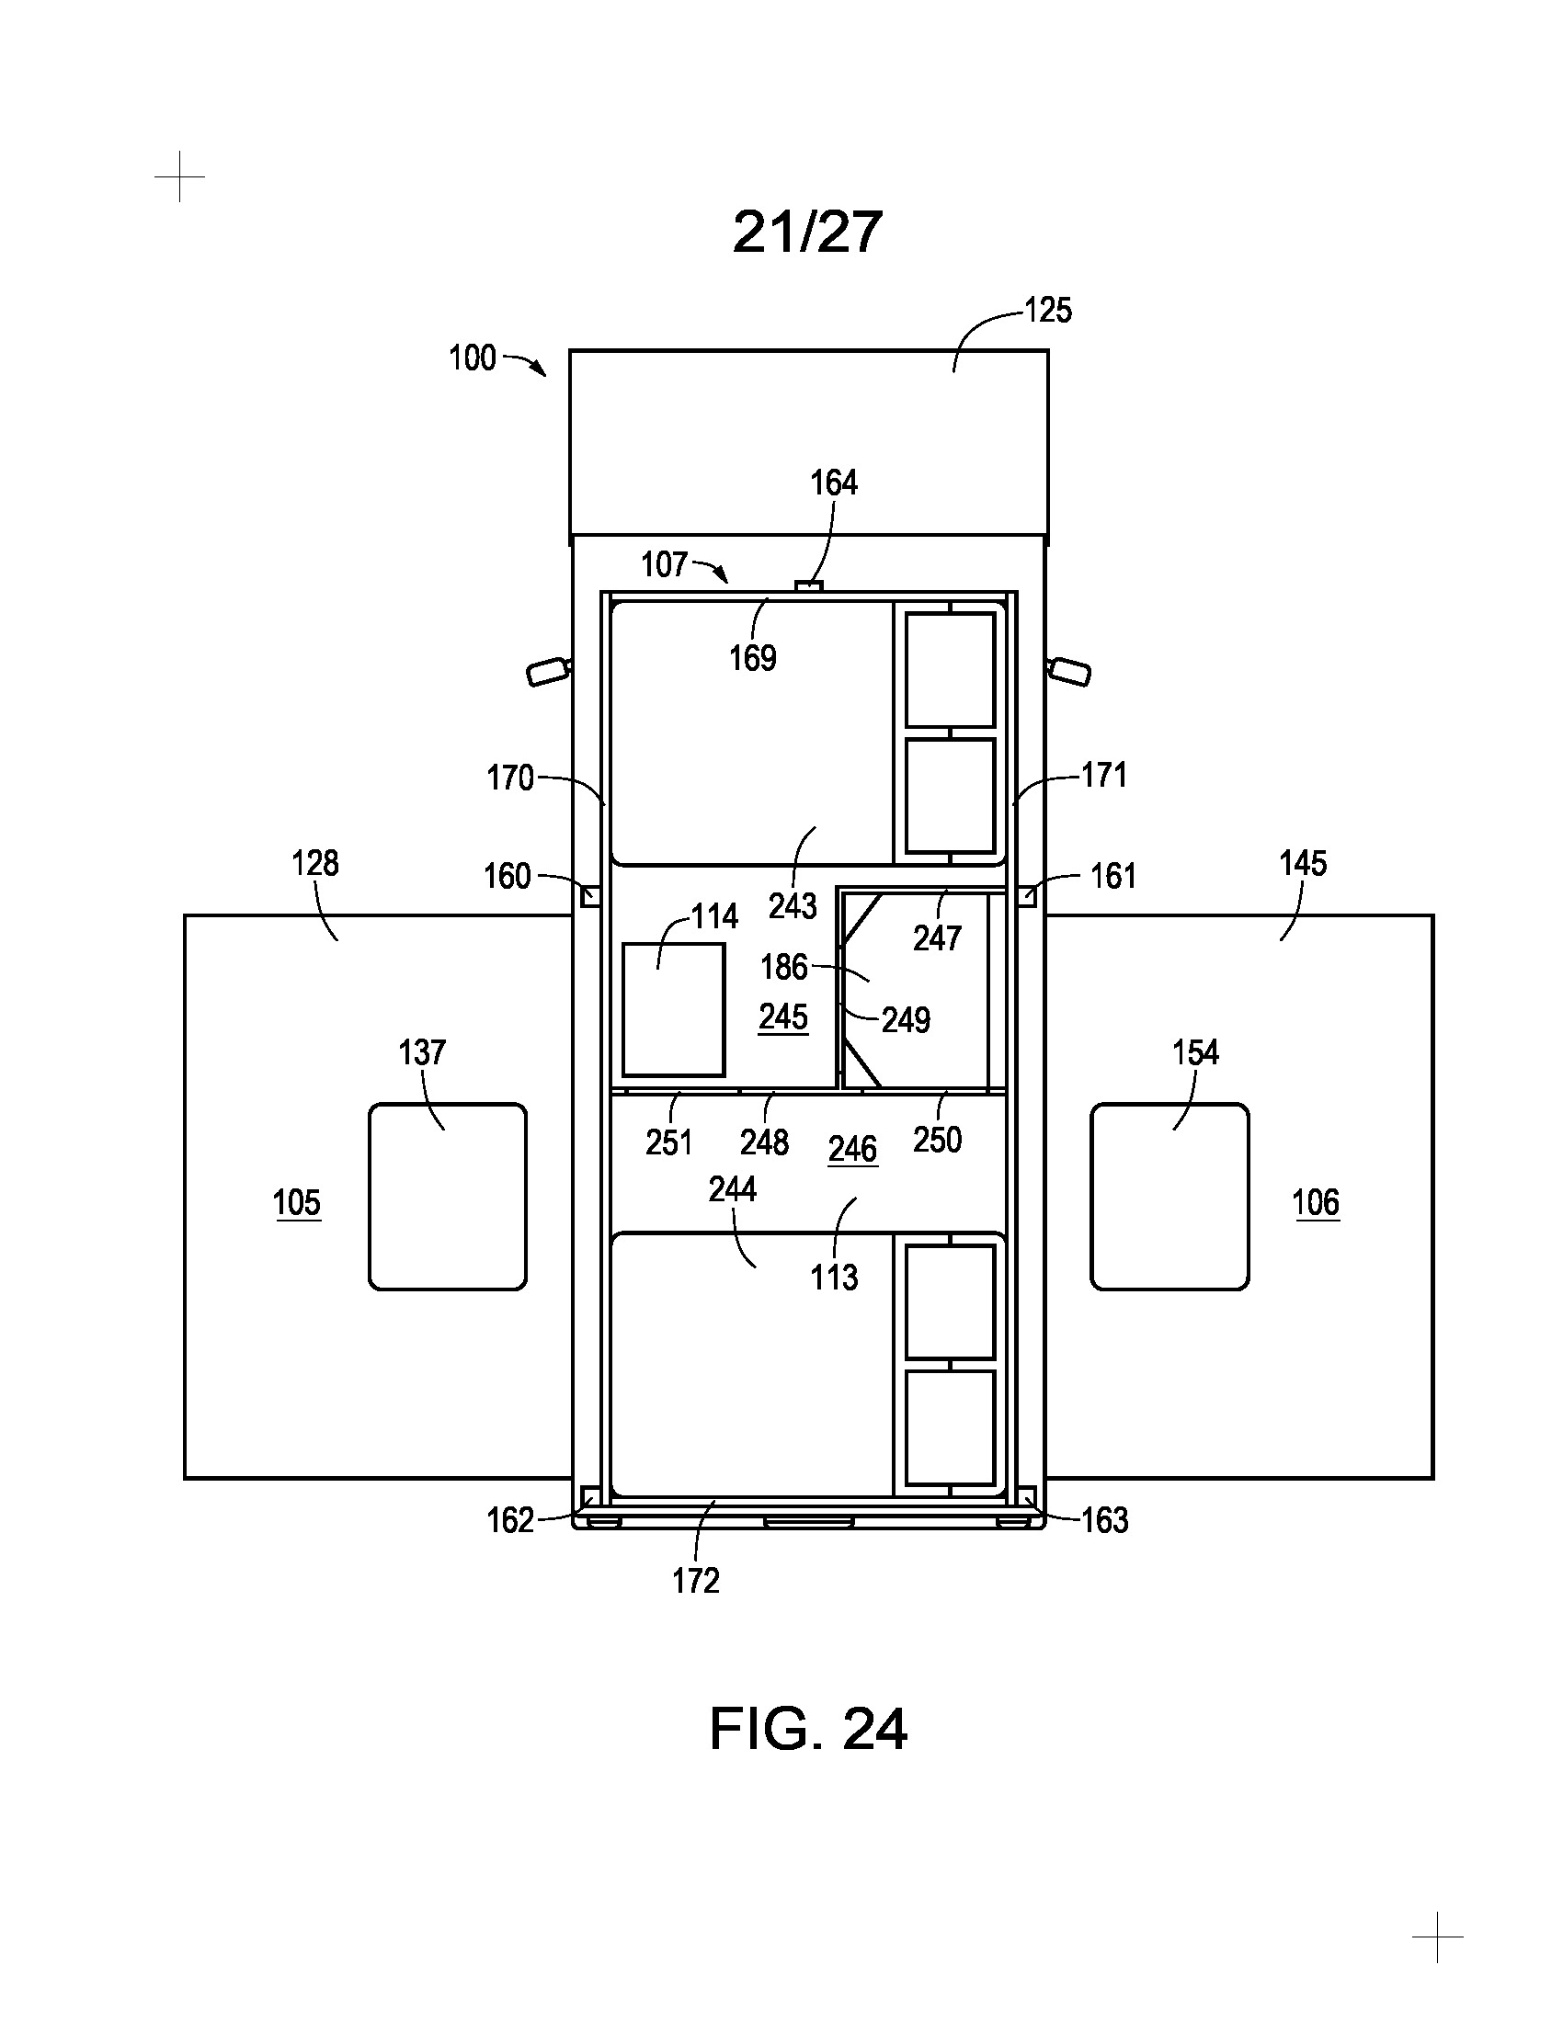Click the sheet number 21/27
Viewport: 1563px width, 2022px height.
point(806,232)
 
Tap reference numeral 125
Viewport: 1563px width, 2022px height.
point(1048,311)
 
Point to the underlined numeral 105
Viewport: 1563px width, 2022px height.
point(297,1204)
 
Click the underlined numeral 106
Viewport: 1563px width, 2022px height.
point(1316,1204)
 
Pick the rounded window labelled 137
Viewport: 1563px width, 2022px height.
point(448,1196)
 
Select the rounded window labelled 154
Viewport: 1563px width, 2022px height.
point(1169,1196)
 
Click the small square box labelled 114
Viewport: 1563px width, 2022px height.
point(673,1010)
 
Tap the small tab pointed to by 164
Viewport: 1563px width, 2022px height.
point(809,585)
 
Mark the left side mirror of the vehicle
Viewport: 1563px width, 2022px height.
point(548,670)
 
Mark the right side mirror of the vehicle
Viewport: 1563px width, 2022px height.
point(1069,670)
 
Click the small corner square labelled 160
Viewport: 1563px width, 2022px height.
point(589,896)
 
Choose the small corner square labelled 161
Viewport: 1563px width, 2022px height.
point(1027,896)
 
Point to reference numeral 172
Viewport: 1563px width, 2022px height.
point(695,1581)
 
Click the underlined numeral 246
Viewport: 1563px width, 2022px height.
point(852,1150)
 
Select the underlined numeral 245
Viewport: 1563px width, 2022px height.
point(783,1017)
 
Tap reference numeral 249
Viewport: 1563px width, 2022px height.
point(906,1020)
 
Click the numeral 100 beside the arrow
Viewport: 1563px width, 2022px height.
point(473,358)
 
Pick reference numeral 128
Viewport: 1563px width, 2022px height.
point(314,864)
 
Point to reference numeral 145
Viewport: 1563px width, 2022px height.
point(1303,864)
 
